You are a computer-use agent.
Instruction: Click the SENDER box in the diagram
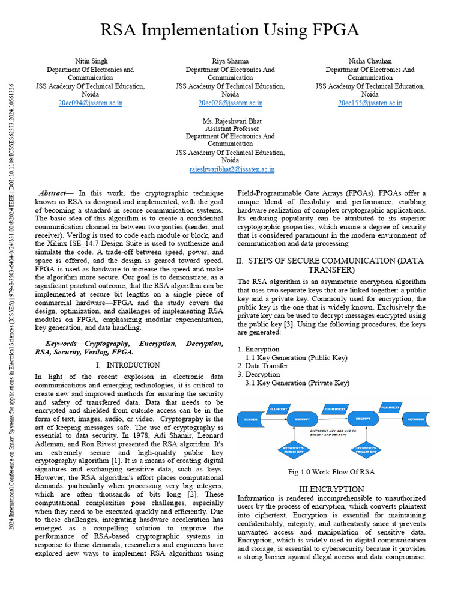click(x=251, y=419)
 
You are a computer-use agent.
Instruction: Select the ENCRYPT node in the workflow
click(x=302, y=419)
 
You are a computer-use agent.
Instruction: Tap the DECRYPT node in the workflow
click(x=363, y=419)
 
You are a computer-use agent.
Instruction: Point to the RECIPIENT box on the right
click(x=415, y=419)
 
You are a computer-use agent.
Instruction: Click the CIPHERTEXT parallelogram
click(x=335, y=409)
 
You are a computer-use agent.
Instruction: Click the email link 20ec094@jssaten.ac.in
click(x=90, y=103)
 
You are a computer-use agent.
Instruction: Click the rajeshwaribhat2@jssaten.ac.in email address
click(x=232, y=169)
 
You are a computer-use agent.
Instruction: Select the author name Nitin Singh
click(x=90, y=61)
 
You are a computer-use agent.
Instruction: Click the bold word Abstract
click(x=52, y=193)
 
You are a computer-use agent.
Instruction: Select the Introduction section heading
click(x=128, y=365)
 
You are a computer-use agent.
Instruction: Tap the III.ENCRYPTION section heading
click(x=331, y=489)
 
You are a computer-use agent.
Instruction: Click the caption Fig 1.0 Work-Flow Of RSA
click(x=331, y=472)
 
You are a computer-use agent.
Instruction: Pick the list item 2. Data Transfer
click(x=263, y=366)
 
